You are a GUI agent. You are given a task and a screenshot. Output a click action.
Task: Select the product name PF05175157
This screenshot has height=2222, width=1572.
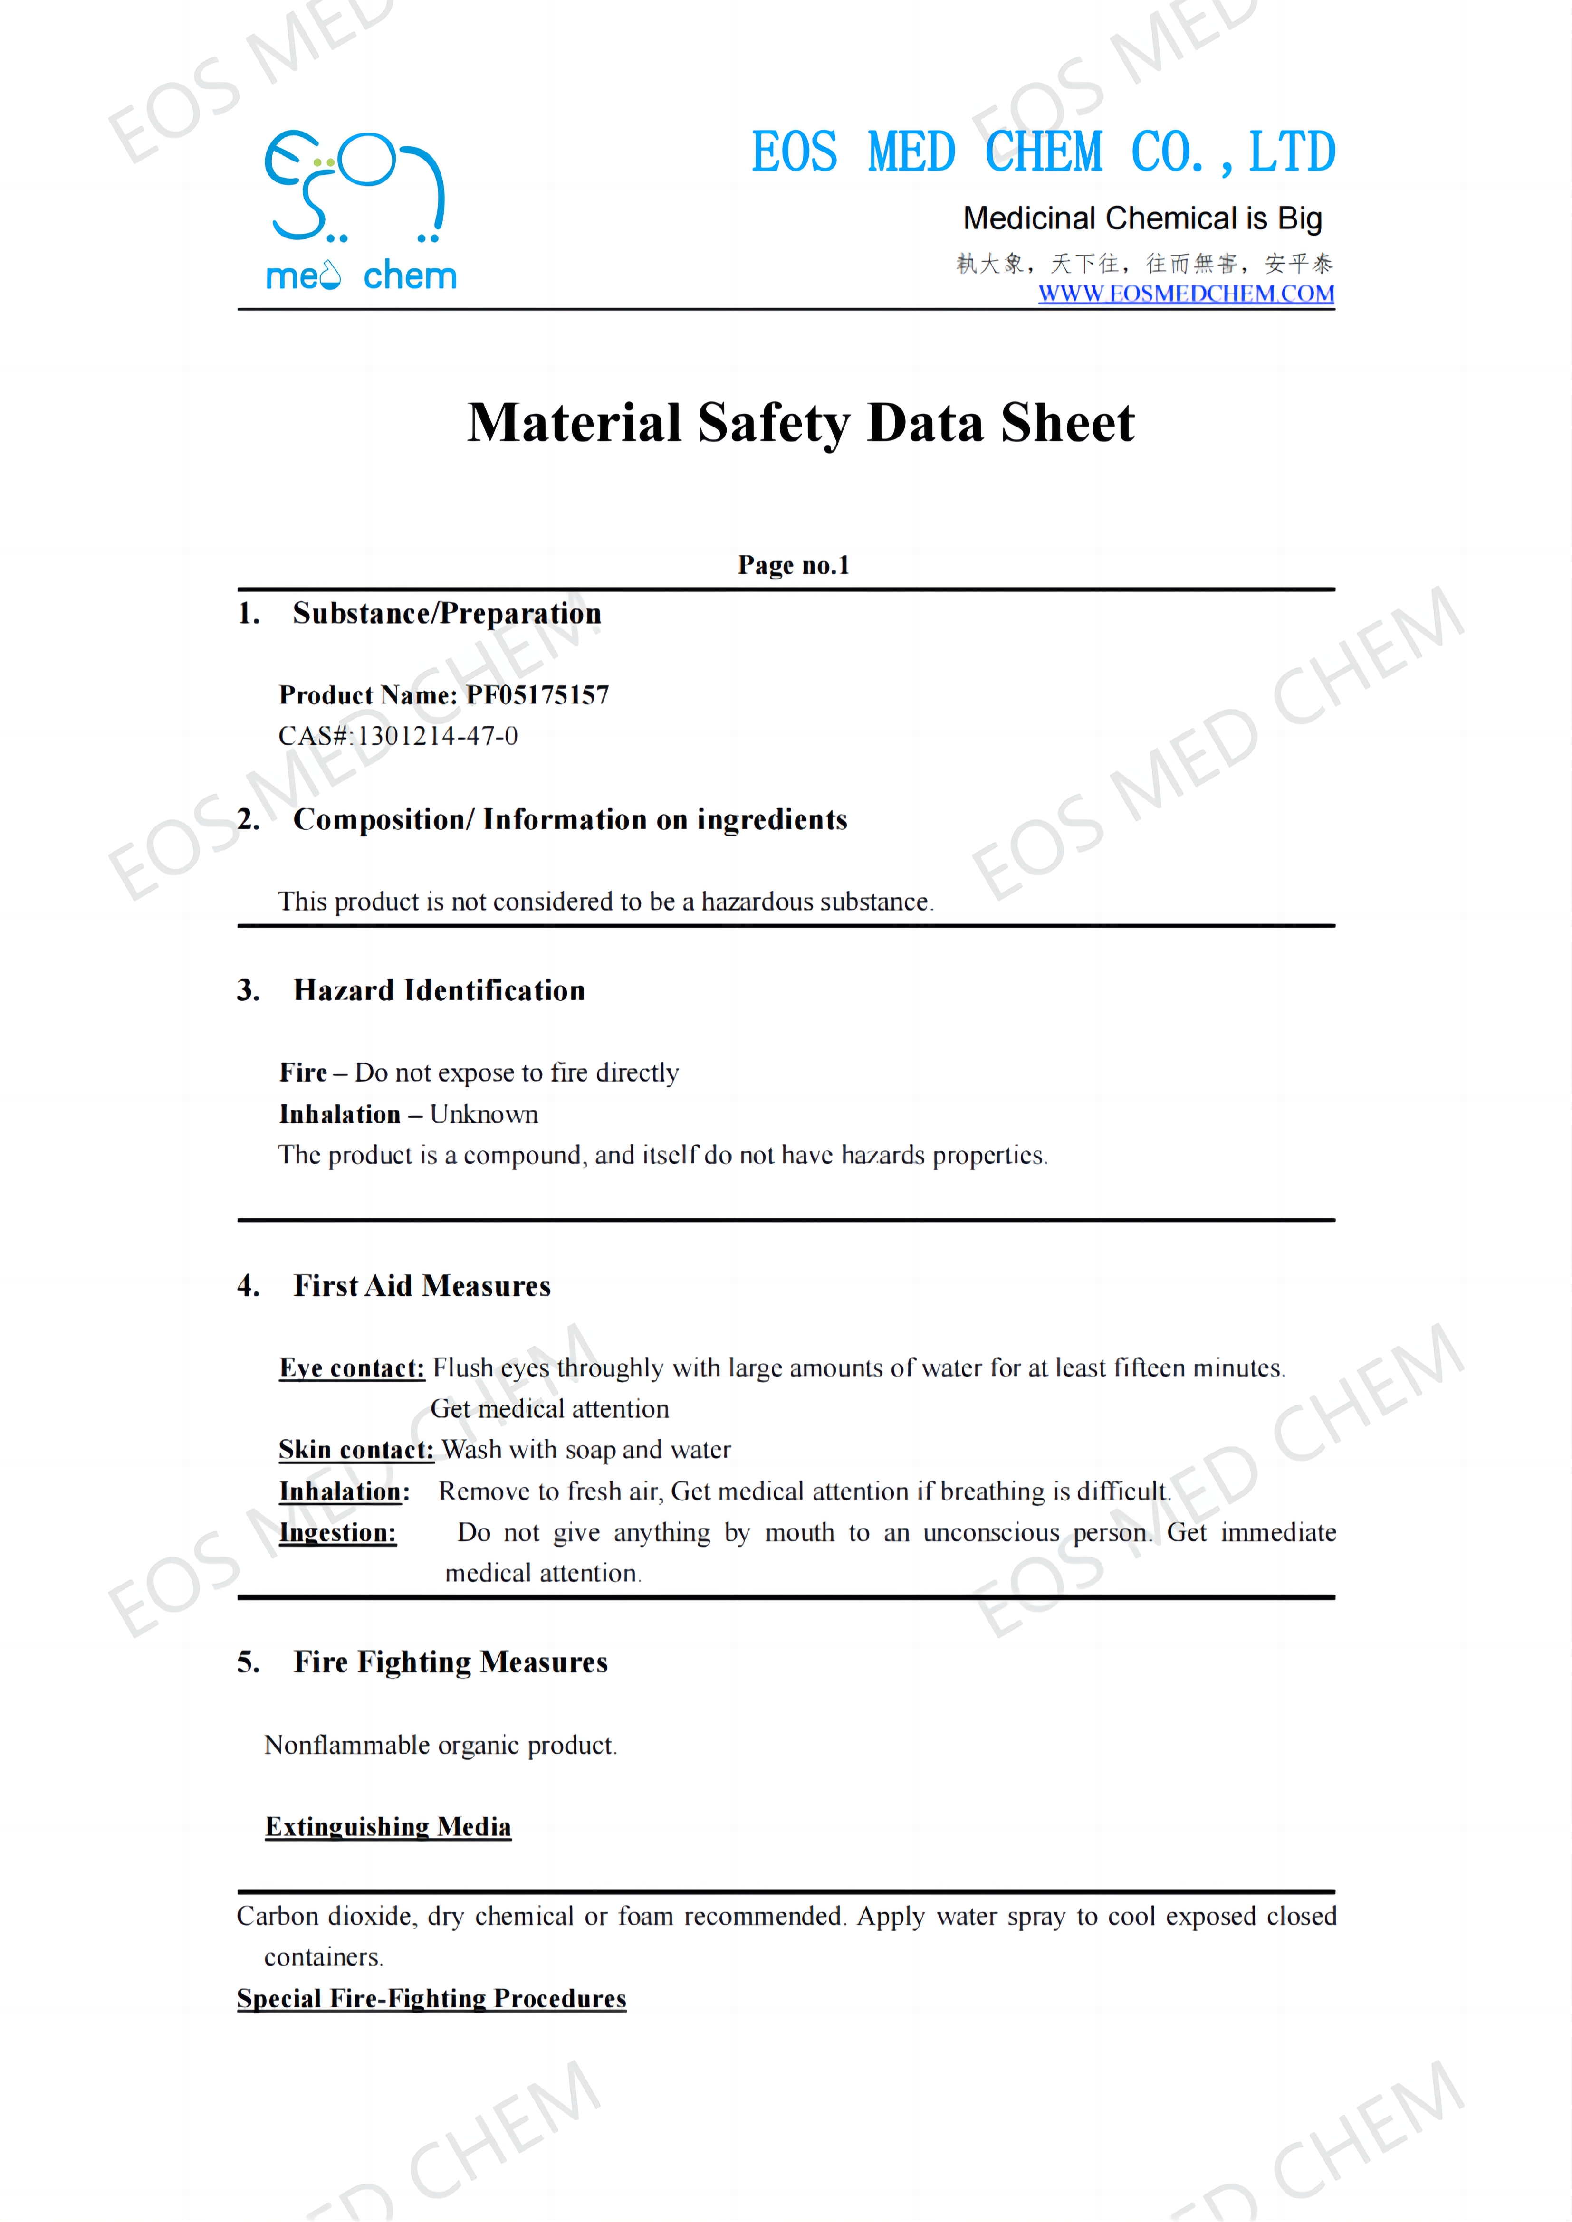[x=537, y=695]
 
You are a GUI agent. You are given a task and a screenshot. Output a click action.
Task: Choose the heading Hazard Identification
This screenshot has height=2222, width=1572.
[x=440, y=990]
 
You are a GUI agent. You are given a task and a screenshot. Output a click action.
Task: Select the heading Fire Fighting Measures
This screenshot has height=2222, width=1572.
[x=450, y=1662]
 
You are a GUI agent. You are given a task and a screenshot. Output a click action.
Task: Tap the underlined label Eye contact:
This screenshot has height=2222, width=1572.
[x=351, y=1367]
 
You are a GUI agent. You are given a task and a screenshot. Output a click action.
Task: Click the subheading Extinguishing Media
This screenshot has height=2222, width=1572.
[x=388, y=1826]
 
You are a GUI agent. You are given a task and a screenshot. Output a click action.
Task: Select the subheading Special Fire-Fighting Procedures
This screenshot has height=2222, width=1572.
[x=431, y=1998]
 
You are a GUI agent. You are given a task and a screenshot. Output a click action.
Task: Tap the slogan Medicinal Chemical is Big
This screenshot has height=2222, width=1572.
[x=1142, y=218]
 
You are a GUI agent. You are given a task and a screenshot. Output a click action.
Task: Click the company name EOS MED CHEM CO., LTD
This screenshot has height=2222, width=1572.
[x=1044, y=153]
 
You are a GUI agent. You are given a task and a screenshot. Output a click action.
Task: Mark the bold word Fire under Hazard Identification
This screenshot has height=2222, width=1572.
[x=303, y=1073]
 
